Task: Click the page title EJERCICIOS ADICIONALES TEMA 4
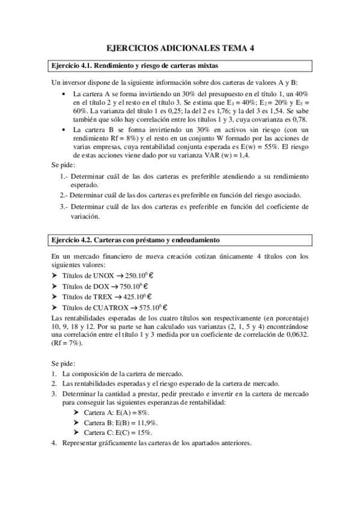pos(180,49)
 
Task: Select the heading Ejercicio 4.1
pos(70,66)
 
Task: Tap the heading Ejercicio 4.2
pos(70,241)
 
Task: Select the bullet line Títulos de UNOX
pos(106,275)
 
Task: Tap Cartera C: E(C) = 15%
pos(118,432)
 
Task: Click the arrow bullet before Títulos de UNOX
pos(54,275)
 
